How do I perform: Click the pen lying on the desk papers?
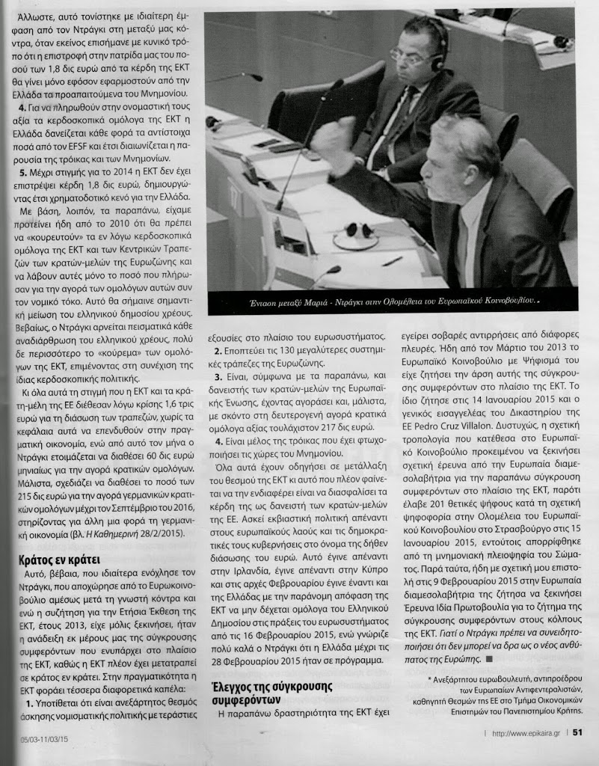392,261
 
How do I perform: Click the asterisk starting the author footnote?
431,678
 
